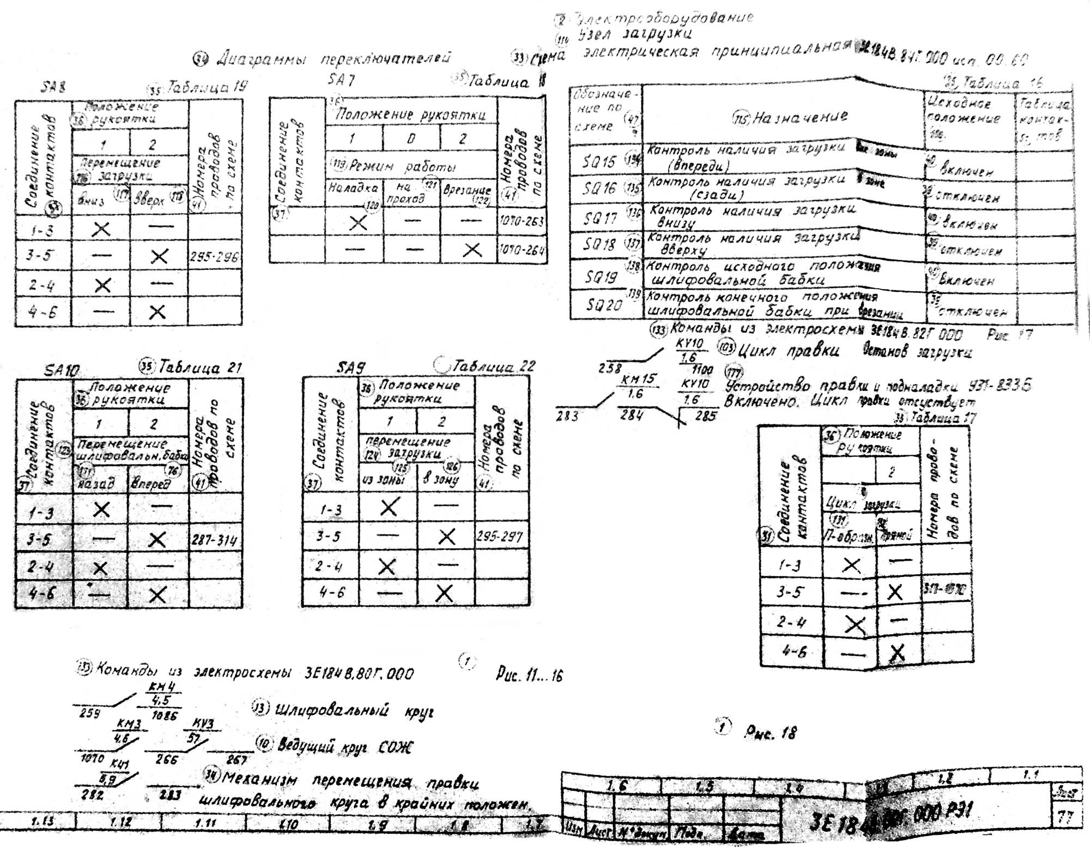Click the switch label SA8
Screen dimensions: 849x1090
point(53,88)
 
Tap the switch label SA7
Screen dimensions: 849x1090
point(342,81)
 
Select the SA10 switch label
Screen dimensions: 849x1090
point(62,371)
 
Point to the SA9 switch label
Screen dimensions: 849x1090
point(350,368)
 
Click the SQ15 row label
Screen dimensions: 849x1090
point(599,162)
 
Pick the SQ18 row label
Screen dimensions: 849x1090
point(599,245)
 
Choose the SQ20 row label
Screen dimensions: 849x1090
point(603,305)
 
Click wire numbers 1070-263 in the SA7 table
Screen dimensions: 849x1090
point(522,221)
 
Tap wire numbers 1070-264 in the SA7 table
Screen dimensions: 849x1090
point(522,250)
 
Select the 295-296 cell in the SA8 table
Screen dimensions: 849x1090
point(214,257)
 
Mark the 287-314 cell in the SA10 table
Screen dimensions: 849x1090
point(214,540)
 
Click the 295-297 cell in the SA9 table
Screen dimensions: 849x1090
point(500,537)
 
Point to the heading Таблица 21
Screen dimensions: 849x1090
point(199,368)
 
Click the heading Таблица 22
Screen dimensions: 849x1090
point(494,366)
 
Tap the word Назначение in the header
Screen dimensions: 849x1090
point(800,117)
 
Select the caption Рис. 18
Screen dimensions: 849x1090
point(770,733)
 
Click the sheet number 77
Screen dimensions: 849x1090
point(1064,817)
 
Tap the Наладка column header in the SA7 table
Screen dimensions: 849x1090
point(353,188)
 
